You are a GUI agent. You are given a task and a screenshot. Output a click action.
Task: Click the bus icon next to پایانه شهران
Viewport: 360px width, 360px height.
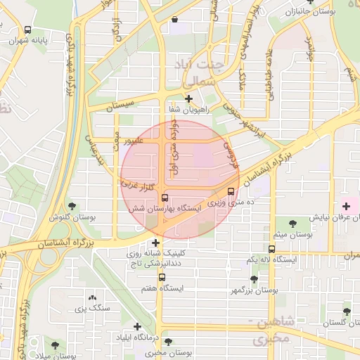pos(27,30)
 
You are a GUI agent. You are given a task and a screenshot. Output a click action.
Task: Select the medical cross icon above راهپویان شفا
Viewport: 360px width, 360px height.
pos(188,99)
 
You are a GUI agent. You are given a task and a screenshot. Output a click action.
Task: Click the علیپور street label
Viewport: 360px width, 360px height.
pos(135,141)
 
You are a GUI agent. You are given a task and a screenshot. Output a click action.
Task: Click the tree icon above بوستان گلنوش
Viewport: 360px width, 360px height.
pos(72,206)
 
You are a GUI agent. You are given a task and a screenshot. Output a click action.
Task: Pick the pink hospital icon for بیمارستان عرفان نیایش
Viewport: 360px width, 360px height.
pos(345,205)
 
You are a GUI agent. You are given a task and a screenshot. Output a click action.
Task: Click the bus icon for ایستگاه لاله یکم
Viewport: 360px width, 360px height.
pos(272,249)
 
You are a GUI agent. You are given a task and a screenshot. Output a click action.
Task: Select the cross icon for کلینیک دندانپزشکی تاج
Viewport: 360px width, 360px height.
pos(155,243)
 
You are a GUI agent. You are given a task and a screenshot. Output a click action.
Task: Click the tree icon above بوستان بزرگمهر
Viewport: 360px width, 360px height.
pos(254,279)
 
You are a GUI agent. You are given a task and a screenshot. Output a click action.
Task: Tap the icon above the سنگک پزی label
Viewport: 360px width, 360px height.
pos(92,297)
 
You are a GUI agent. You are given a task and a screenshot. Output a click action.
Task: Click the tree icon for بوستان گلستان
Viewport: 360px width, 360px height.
pos(346,311)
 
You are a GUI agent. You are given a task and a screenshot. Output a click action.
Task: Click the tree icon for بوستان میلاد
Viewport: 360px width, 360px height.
pos(55,345)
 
